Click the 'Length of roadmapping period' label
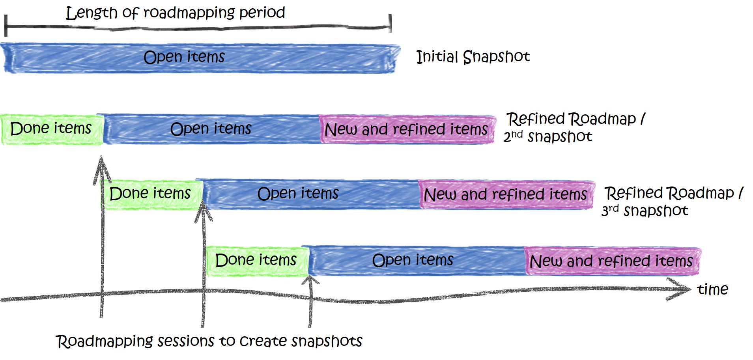click(175, 13)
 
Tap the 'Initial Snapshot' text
click(473, 57)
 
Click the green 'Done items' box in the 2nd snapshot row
click(51, 129)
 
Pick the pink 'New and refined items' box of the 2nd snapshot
click(406, 129)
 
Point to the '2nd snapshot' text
click(547, 136)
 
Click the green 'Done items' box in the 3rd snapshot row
click(151, 194)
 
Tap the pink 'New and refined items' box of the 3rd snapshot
click(505, 194)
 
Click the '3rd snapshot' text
click(645, 211)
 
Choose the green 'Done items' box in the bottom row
click(256, 260)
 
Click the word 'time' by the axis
click(712, 290)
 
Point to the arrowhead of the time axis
click(684, 289)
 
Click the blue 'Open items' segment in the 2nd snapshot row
click(211, 129)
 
